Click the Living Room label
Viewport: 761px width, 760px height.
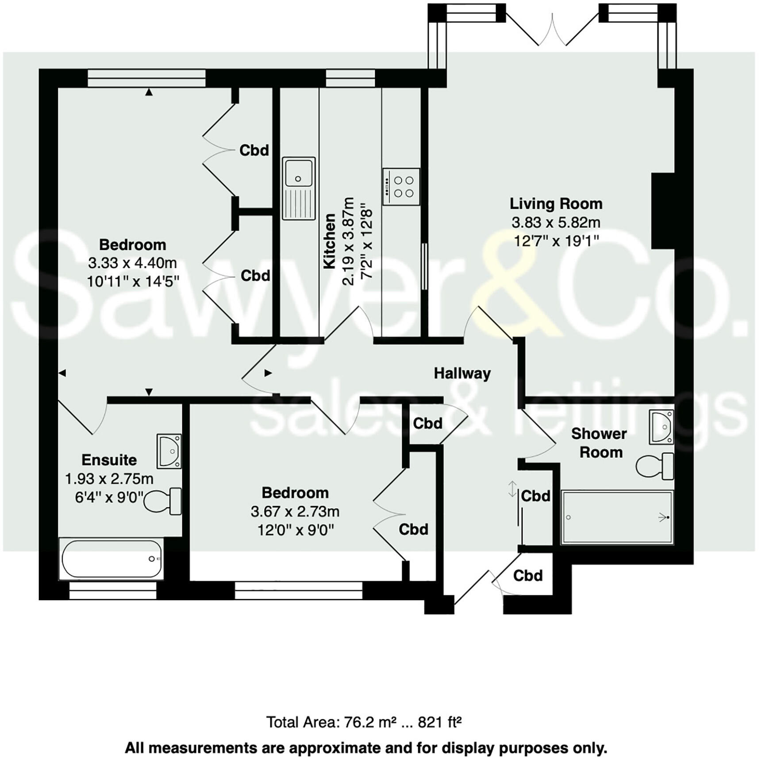click(556, 203)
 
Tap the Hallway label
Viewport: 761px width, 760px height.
click(462, 373)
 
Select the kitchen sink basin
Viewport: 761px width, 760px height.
click(299, 173)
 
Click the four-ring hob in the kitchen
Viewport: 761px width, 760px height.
click(401, 187)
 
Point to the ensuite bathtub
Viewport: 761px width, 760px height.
click(111, 559)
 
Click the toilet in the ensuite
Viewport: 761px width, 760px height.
click(163, 501)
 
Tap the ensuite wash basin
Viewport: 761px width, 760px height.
click(169, 451)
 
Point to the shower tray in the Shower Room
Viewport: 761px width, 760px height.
click(617, 517)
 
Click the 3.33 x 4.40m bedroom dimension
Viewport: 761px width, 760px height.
click(132, 263)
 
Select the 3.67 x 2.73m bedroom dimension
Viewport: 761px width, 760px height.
click(295, 511)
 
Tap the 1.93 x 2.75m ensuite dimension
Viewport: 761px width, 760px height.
click(109, 479)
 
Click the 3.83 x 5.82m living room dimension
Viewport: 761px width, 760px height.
click(556, 222)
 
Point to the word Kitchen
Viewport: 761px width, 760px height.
click(330, 241)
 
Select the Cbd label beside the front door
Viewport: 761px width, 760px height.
click(528, 576)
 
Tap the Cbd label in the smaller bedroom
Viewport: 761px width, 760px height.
click(413, 530)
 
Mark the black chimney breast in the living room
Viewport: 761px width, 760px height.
click(663, 211)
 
